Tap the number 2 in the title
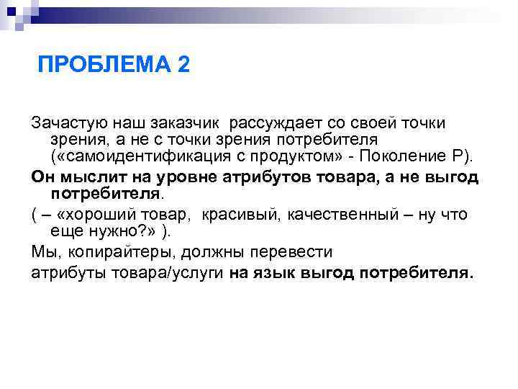pyautogui.click(x=183, y=66)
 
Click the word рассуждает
pyautogui.click(x=276, y=124)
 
